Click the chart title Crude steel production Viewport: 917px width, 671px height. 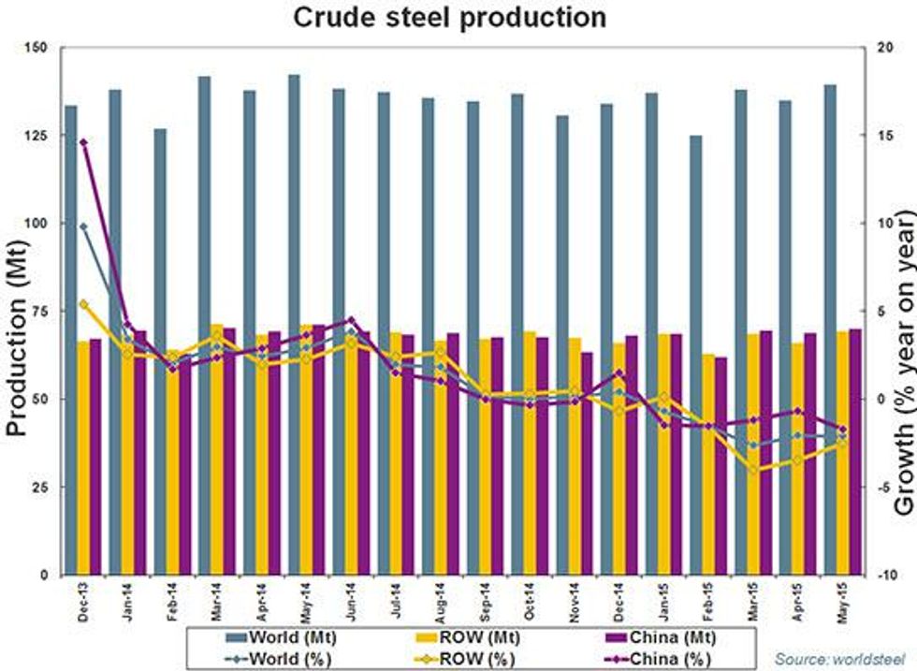click(449, 18)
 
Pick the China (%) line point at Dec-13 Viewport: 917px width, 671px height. click(83, 142)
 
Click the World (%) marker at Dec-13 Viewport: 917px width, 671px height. click(83, 226)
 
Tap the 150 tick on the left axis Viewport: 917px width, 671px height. click(38, 48)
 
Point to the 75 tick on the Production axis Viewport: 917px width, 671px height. click(42, 311)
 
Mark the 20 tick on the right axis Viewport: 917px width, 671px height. click(879, 48)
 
